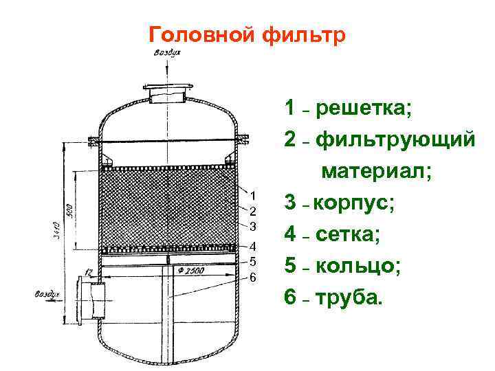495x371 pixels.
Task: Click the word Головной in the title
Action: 201,34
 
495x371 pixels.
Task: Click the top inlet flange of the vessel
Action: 167,89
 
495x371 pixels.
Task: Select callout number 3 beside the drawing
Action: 252,226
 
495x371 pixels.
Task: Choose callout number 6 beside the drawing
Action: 252,278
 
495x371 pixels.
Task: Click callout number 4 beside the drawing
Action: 252,246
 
